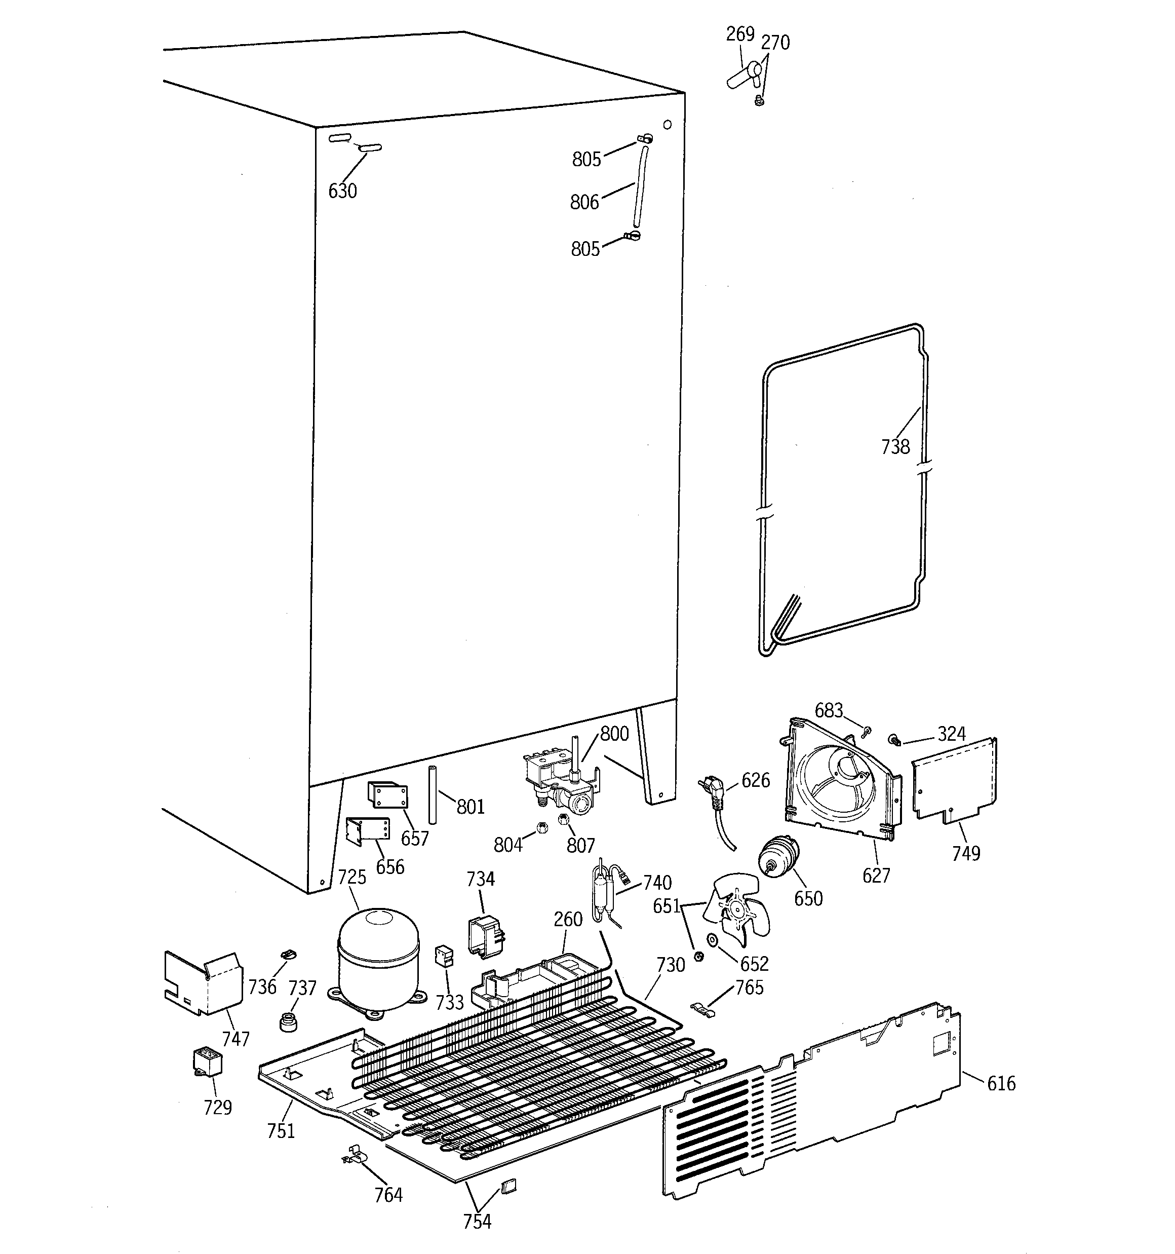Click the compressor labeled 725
point(378,960)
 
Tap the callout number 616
point(1001,1083)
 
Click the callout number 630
point(342,191)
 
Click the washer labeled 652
point(713,940)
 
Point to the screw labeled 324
point(894,738)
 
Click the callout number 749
point(966,853)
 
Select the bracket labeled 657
point(388,795)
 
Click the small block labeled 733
point(445,956)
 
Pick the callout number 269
point(740,34)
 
